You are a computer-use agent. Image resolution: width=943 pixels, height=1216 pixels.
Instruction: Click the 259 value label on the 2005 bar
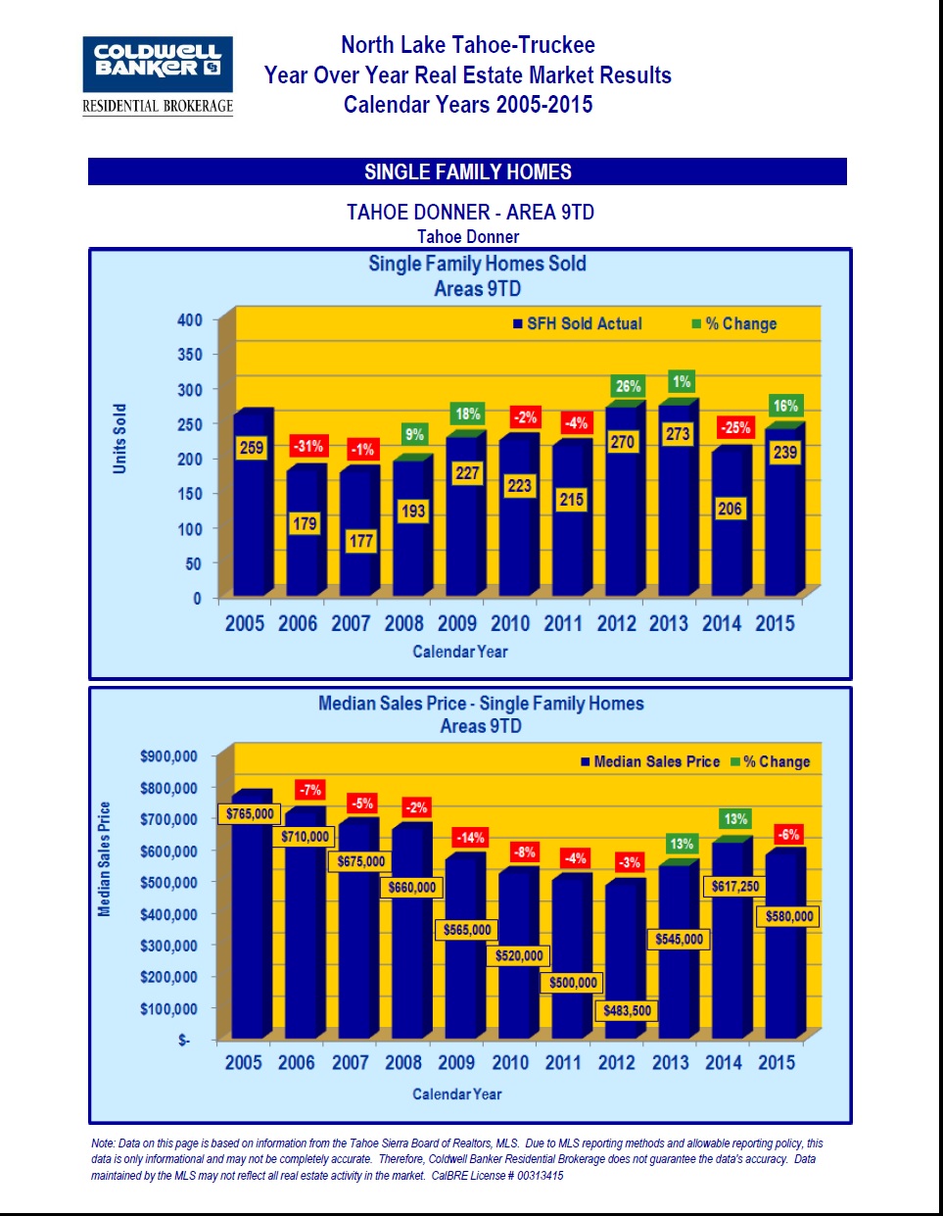click(x=252, y=448)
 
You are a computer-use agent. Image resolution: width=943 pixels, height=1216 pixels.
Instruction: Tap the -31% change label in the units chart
click(x=308, y=446)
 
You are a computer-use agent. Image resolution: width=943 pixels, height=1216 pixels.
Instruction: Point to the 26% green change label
click(x=628, y=386)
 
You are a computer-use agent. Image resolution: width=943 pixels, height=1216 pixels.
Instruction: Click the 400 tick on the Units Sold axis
click(x=190, y=319)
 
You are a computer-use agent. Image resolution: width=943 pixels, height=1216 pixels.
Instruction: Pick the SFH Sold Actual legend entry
click(x=578, y=323)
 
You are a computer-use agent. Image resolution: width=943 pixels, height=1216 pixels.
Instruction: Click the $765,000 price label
click(x=250, y=813)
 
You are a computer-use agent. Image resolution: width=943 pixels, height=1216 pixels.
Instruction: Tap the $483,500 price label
click(x=627, y=1010)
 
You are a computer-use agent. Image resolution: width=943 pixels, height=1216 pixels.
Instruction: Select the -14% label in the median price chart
click(x=470, y=838)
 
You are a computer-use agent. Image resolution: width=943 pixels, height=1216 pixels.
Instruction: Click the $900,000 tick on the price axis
click(x=168, y=756)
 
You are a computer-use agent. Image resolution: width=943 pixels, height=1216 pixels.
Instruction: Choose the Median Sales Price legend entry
click(x=650, y=761)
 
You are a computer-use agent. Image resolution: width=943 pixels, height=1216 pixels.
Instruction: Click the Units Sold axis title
click(x=119, y=439)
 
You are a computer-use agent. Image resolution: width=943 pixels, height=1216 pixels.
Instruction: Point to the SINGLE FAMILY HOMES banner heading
click(x=468, y=172)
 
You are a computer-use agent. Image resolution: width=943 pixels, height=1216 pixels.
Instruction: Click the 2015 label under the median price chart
click(x=777, y=1062)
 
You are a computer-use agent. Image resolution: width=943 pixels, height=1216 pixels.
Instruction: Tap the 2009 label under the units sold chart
click(x=456, y=623)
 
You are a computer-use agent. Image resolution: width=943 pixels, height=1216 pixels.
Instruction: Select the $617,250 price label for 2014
click(x=734, y=886)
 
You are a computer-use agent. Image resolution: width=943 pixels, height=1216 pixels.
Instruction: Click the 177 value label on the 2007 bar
click(x=361, y=541)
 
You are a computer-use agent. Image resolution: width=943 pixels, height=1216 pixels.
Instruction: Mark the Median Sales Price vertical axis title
click(x=105, y=859)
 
